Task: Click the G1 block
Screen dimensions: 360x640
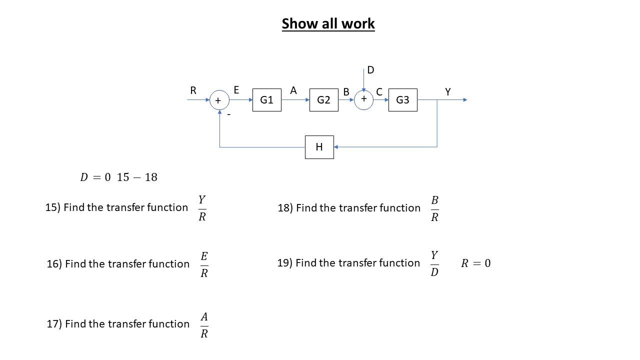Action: [266, 100]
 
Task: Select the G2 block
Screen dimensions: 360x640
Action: [323, 100]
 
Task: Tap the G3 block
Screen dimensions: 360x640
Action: [402, 100]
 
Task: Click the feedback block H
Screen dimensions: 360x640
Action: [319, 147]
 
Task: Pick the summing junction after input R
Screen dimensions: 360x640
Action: [219, 100]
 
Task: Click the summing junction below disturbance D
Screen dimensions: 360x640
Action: [363, 99]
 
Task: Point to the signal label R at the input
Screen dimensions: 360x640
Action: [193, 90]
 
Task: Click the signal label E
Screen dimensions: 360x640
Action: [236, 90]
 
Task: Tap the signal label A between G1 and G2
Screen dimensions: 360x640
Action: [293, 90]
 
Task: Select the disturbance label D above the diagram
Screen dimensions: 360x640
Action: [370, 70]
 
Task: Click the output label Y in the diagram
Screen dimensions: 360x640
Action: [447, 92]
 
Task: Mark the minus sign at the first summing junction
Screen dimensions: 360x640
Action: [229, 114]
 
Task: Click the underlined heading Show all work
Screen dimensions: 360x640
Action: [328, 23]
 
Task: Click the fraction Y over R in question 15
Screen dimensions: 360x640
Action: [202, 208]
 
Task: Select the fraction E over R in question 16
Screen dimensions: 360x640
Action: [204, 264]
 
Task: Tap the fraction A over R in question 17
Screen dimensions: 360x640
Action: [204, 325]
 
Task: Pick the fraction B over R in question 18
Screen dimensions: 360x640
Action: [434, 208]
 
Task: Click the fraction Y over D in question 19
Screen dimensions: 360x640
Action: [434, 263]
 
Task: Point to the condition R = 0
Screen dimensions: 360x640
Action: [475, 263]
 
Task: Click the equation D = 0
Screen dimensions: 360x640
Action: [95, 177]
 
